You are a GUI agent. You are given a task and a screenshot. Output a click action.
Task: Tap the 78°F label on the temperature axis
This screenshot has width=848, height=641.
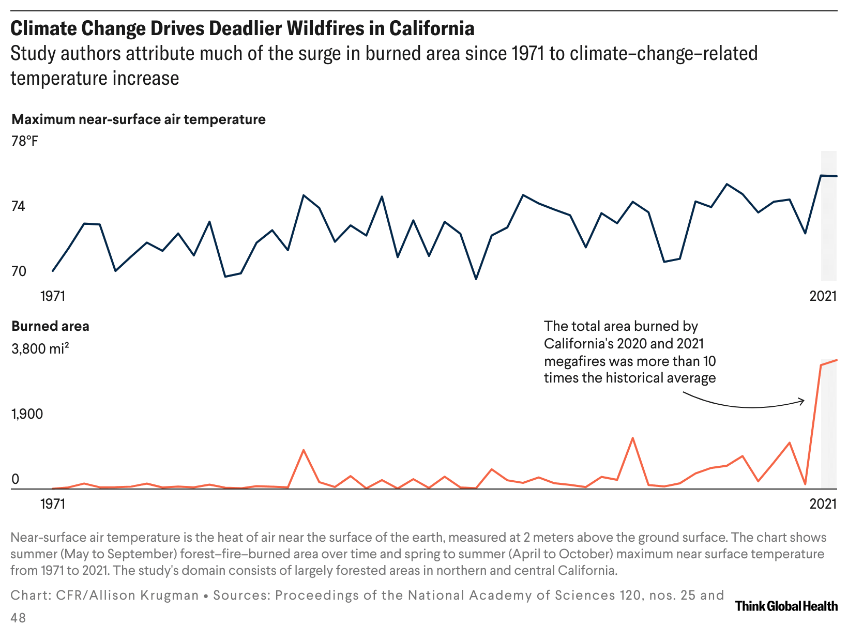(25, 141)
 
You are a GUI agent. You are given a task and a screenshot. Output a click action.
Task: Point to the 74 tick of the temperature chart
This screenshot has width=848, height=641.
(18, 207)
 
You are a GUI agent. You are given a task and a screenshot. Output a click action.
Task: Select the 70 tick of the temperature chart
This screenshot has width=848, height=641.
(18, 271)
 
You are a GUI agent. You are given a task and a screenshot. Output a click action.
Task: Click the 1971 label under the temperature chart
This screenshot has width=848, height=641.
(53, 296)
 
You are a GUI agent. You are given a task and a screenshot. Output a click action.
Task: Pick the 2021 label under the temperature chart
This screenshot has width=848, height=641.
(823, 296)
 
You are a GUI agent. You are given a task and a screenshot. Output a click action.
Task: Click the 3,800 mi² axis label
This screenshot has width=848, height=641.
(40, 349)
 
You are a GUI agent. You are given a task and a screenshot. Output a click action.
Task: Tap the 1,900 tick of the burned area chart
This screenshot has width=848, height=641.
(27, 414)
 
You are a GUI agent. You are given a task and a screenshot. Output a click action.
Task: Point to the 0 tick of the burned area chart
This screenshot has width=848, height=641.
(15, 479)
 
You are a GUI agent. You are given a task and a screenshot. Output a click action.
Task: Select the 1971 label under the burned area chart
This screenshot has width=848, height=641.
(53, 503)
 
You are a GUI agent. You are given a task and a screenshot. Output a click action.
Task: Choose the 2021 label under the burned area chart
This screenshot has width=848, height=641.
(823, 503)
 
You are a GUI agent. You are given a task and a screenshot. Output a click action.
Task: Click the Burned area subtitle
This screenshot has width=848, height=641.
(50, 326)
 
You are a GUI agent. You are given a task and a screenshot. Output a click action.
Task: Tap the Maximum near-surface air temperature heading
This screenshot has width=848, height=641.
(139, 119)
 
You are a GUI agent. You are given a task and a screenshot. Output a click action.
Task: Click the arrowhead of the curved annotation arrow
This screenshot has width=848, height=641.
(802, 400)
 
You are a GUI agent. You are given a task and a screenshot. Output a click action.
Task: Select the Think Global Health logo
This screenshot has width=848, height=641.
(786, 606)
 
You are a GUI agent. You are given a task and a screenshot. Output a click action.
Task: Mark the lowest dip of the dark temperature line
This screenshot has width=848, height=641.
(476, 279)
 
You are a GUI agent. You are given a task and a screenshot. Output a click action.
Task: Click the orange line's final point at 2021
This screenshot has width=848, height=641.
(837, 360)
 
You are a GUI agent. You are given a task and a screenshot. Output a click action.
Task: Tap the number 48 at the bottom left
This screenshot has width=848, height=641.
(18, 618)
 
